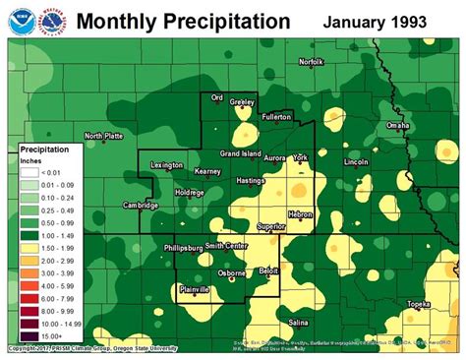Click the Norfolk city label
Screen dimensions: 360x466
312,62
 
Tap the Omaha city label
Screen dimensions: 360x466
397,126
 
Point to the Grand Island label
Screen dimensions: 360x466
240,154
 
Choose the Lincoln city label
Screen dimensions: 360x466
356,161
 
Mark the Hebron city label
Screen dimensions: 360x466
300,214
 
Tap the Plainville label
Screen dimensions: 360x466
202,289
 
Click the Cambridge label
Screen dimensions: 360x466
141,206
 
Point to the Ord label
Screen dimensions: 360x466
219,96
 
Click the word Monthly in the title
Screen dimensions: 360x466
114,21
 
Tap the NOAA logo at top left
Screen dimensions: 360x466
18,20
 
